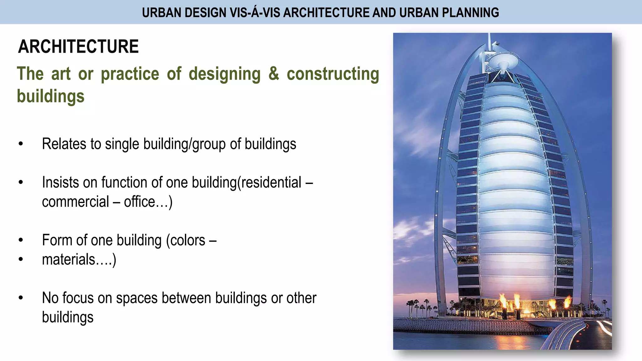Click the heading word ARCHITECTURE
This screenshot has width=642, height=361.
click(x=78, y=47)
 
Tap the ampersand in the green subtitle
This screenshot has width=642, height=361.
click(x=274, y=74)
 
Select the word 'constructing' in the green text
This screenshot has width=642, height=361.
click(x=333, y=74)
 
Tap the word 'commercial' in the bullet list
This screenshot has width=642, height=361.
click(x=75, y=202)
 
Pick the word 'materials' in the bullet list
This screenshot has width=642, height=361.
click(x=69, y=259)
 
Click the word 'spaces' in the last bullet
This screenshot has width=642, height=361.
click(x=137, y=298)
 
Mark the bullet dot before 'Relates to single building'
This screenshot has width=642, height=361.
click(x=21, y=144)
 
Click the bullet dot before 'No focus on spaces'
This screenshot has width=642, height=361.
click(x=21, y=298)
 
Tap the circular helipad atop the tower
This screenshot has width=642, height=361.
click(x=503, y=58)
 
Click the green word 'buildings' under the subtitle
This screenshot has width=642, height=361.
click(x=50, y=96)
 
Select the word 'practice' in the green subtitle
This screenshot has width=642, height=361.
click(x=130, y=74)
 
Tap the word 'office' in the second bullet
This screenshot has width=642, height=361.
click(x=139, y=202)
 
